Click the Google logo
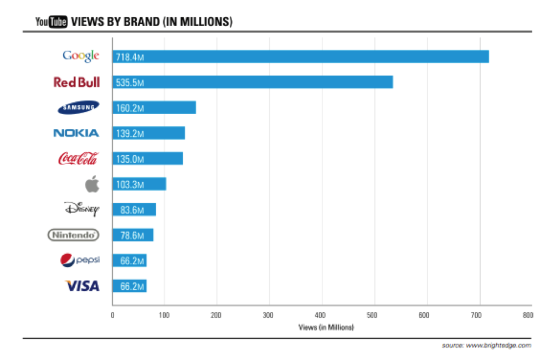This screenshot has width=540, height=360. point(81,56)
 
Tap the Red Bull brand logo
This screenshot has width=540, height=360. point(76,82)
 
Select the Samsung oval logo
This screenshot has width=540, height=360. point(79,107)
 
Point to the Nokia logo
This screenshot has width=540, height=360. point(76,133)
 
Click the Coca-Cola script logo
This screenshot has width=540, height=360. point(78,159)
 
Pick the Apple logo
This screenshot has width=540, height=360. point(92,184)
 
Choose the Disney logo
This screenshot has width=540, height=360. point(81,209)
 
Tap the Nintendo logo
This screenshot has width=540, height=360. point(74,235)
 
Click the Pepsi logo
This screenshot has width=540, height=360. point(80,260)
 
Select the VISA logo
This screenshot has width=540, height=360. point(82,286)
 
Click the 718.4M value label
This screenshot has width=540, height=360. point(130,56)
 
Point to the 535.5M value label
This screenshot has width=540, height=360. point(130,83)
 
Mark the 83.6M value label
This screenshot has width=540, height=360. point(132,210)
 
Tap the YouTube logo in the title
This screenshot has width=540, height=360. point(52,22)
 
